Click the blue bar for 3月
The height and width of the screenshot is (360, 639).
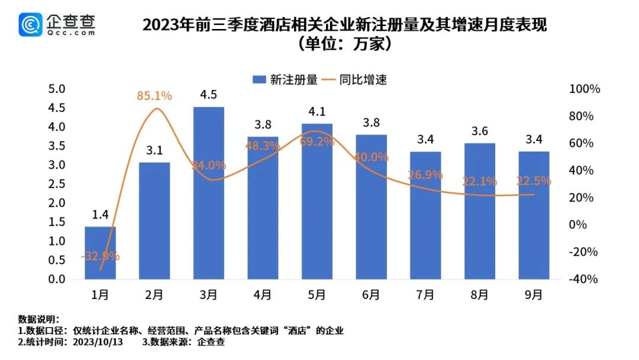click(x=208, y=193)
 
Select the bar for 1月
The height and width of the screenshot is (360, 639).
click(x=100, y=253)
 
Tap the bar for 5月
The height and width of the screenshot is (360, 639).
click(x=317, y=201)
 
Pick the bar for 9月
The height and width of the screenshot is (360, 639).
click(x=534, y=216)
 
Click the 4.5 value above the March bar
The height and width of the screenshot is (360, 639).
click(x=208, y=95)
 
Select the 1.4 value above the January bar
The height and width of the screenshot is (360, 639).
click(x=100, y=215)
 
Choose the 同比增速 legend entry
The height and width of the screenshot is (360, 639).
click(x=356, y=79)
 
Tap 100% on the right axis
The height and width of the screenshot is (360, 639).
click(x=585, y=89)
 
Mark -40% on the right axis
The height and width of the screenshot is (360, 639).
click(x=583, y=279)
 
